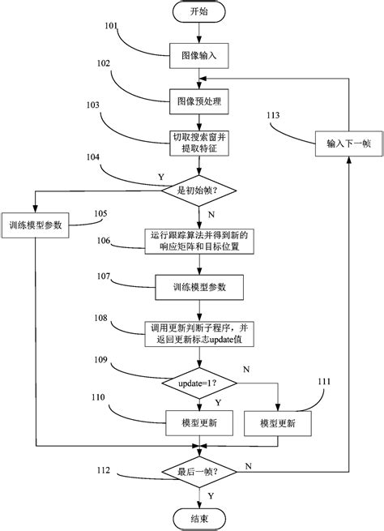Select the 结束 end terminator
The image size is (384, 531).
tap(198, 518)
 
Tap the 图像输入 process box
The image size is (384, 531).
tap(198, 58)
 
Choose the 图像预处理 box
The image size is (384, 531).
tap(198, 103)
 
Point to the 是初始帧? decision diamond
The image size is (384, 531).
tap(198, 192)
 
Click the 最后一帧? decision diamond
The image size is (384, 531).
tap(198, 470)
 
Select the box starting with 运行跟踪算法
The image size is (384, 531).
tap(198, 240)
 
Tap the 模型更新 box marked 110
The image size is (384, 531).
tap(198, 423)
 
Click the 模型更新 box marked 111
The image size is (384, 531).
tap(277, 423)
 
